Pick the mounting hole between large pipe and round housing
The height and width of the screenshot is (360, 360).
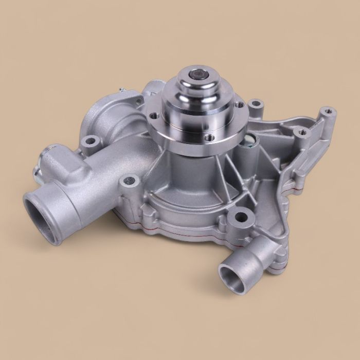(x=130, y=181)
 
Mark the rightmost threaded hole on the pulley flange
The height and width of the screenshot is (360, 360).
(x=239, y=105)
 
